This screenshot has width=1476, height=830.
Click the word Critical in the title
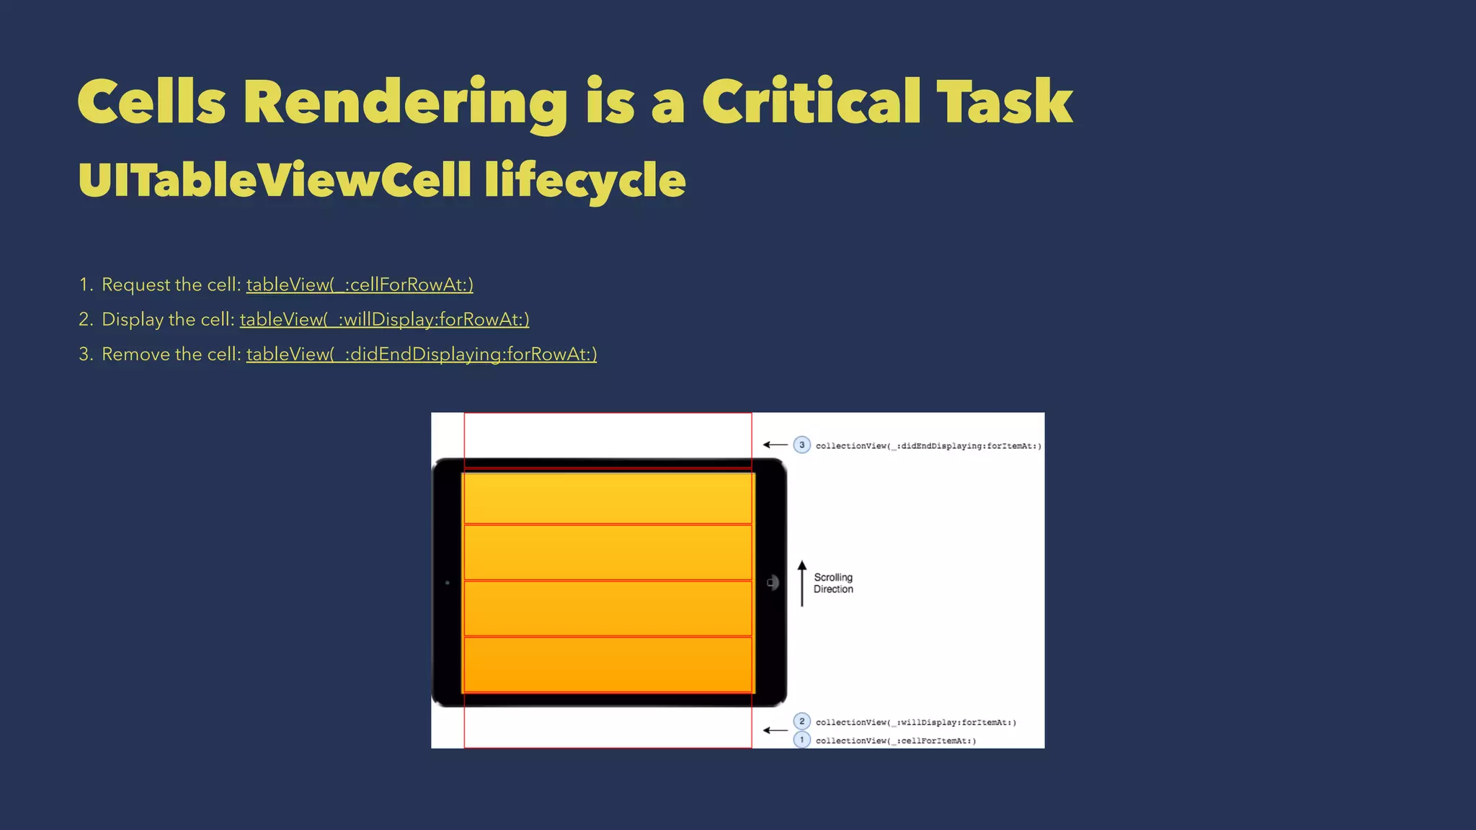coord(811,102)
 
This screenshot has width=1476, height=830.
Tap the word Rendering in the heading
coord(404,102)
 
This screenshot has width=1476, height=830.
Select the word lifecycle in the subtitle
coord(584,179)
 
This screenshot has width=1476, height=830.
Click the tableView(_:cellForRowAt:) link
coord(360,285)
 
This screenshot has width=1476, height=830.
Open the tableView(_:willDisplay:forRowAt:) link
coord(384,319)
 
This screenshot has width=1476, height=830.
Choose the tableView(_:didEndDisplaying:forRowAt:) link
coord(422,354)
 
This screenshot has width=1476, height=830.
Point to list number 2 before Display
coord(85,319)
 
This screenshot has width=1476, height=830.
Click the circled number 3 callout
coord(801,445)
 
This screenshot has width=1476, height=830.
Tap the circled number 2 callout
coord(801,721)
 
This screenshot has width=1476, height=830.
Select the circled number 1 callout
coord(801,740)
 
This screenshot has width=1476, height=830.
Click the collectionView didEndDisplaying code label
coord(928,446)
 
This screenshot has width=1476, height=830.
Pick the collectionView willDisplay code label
coord(915,722)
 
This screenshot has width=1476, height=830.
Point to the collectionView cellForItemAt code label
coord(896,741)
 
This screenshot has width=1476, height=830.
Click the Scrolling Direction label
coord(833,583)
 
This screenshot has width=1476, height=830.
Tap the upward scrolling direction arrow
coord(802,583)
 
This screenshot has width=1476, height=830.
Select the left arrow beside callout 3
coord(775,445)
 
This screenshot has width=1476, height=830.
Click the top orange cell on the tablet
coord(608,497)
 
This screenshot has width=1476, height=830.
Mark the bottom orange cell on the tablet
coord(608,664)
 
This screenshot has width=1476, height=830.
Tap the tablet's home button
coord(772,582)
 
